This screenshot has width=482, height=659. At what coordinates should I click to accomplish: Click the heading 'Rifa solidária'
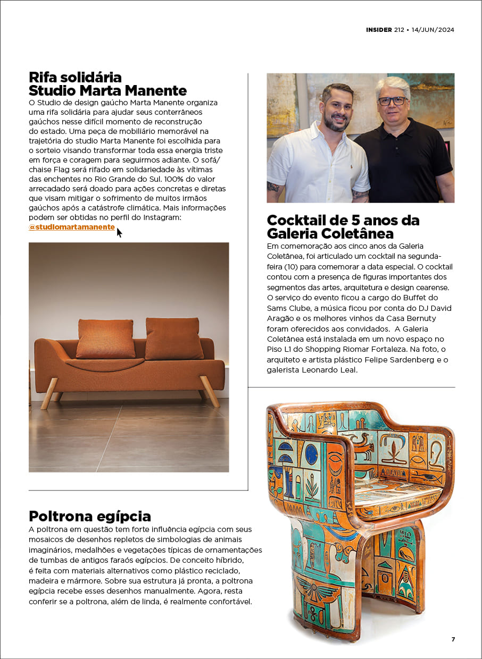pyautogui.click(x=75, y=77)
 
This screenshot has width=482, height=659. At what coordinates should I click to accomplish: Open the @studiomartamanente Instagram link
pyautogui.click(x=72, y=227)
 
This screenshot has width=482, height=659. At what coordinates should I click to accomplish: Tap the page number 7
pyautogui.click(x=453, y=639)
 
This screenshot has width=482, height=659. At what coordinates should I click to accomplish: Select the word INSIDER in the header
pyautogui.click(x=379, y=30)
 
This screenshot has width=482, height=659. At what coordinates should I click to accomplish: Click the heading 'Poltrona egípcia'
pyautogui.click(x=90, y=516)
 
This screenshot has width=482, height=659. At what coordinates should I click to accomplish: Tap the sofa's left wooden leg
pyautogui.click(x=50, y=394)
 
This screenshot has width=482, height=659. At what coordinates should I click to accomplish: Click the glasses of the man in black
pyautogui.click(x=393, y=100)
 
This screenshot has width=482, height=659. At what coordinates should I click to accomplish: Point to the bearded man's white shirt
pyautogui.click(x=314, y=165)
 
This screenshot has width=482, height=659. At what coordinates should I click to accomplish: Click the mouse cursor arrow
pyautogui.click(x=119, y=232)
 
